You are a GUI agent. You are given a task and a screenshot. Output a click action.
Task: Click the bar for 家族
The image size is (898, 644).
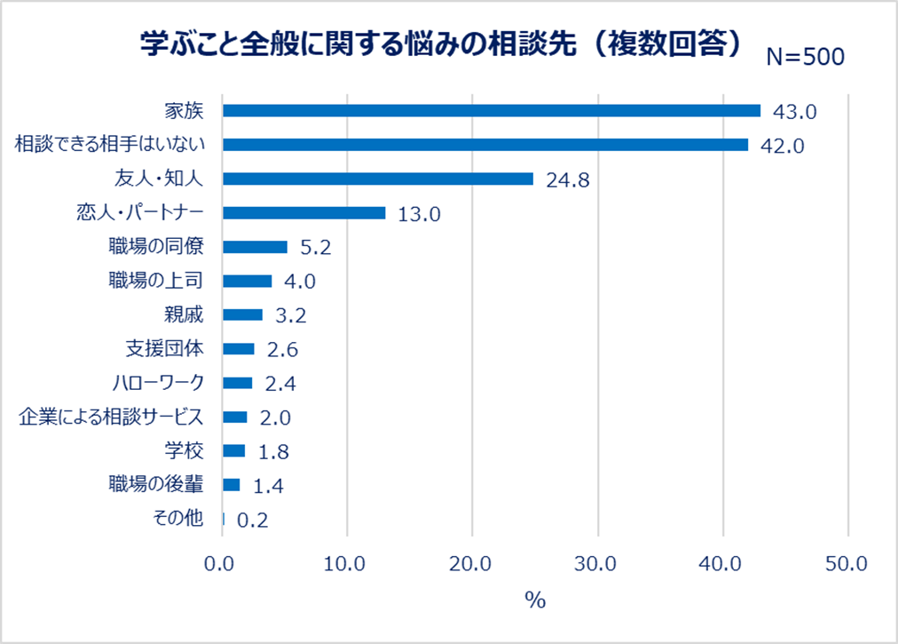click(491, 110)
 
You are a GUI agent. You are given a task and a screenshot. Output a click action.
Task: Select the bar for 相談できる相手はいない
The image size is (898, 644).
click(484, 145)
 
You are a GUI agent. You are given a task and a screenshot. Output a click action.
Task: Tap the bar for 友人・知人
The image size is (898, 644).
click(377, 179)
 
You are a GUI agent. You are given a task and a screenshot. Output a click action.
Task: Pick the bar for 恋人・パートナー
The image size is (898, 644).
click(303, 213)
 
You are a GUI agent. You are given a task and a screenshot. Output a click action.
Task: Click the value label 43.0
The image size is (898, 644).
click(793, 111)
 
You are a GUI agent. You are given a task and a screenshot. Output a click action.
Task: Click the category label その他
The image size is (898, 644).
click(178, 520)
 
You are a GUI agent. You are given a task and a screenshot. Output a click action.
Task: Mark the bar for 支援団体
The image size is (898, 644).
click(238, 349)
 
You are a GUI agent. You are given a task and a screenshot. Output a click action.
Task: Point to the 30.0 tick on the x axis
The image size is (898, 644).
click(597, 563)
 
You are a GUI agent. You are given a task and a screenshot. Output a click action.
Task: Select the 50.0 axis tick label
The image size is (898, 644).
click(847, 563)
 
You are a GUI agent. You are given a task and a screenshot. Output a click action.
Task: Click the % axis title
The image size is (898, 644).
click(534, 600)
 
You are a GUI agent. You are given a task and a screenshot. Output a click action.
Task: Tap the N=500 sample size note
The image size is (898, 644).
click(805, 57)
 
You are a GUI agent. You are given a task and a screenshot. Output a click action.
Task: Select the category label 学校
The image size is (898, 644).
click(185, 450)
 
